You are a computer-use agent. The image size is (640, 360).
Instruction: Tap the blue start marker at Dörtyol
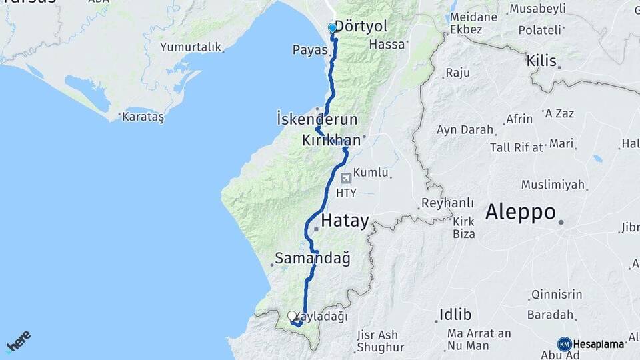(333, 28)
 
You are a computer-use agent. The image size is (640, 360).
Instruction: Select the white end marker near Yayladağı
(292, 316)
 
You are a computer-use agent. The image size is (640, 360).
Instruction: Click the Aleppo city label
(521, 212)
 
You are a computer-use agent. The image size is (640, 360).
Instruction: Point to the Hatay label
(345, 221)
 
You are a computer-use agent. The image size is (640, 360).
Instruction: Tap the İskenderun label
(317, 119)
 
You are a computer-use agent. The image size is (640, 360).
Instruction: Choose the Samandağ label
(313, 258)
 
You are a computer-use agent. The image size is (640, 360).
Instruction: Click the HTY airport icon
(345, 178)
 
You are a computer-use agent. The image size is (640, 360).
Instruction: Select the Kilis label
(541, 61)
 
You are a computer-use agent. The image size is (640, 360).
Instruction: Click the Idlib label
(455, 314)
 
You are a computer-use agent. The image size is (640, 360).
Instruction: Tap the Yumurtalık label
(189, 47)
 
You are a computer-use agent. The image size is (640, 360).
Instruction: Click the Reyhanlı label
(448, 203)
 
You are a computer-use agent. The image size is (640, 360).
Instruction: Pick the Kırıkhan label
(331, 140)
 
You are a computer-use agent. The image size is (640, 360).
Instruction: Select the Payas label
(309, 50)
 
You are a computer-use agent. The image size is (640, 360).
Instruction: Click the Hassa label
(387, 45)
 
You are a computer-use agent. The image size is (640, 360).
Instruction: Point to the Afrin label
(519, 119)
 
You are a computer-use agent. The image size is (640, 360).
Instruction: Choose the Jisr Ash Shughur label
(381, 341)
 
